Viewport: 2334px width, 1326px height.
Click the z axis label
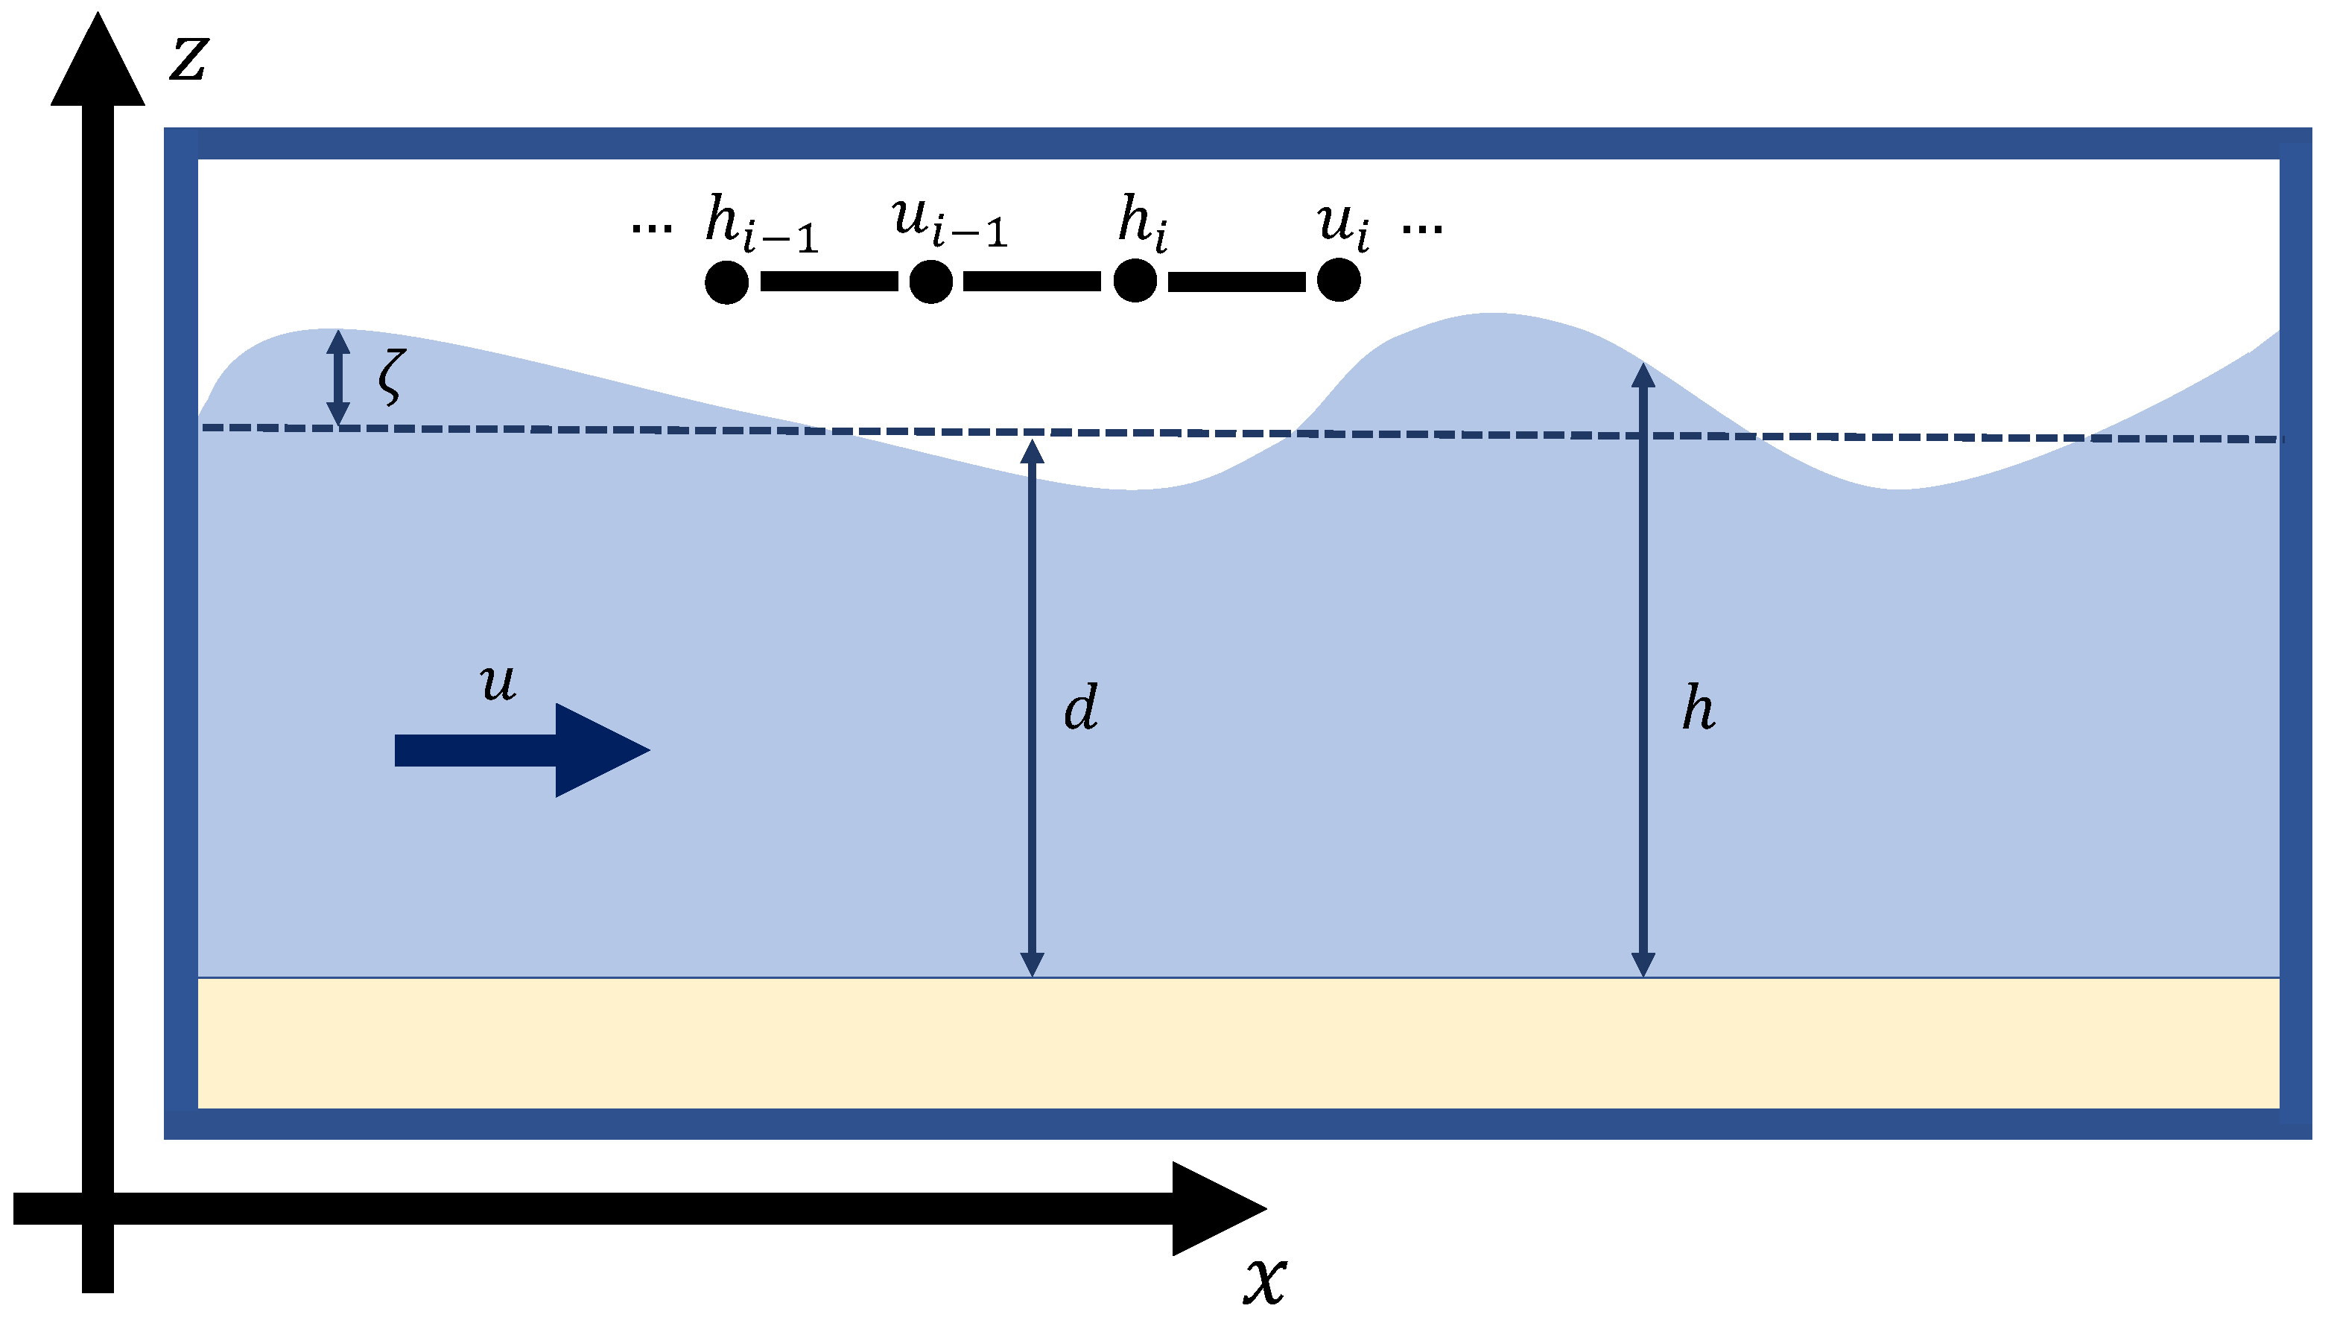[x=190, y=59]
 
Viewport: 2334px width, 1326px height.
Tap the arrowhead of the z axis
[x=98, y=64]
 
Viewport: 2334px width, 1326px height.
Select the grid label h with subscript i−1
[x=761, y=223]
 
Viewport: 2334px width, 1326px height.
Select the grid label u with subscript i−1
[x=949, y=221]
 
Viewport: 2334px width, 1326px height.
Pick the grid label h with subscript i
[x=1142, y=223]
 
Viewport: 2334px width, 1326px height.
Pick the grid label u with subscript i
[x=1342, y=223]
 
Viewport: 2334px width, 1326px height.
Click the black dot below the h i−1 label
[x=726, y=282]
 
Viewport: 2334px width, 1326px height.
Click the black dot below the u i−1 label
[x=930, y=282]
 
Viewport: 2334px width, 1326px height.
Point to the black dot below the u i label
[x=1339, y=279]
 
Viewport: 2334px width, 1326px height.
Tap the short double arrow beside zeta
[x=339, y=377]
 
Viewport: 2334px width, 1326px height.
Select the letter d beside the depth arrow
[x=1081, y=708]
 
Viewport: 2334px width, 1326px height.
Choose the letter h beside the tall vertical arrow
[x=1699, y=708]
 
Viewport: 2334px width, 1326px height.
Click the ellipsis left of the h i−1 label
[x=652, y=228]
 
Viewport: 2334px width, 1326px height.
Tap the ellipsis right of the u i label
[x=1421, y=228]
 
